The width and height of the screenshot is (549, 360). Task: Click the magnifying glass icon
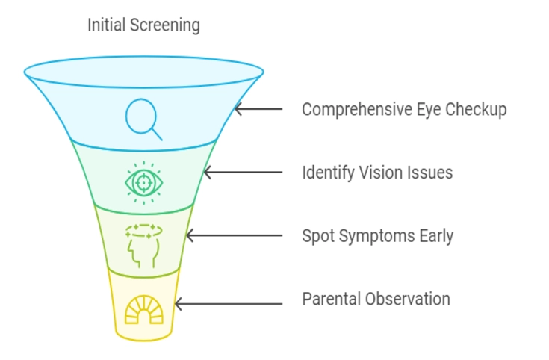point(144,119)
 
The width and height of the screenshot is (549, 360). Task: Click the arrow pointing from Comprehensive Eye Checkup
point(258,109)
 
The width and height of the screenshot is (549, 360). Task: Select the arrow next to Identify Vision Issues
point(243,173)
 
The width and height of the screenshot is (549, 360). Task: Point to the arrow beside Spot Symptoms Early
point(234,236)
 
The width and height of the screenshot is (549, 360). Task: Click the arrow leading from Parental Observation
point(229,304)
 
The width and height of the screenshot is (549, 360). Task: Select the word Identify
point(326,173)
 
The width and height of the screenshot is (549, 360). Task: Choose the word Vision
point(379,173)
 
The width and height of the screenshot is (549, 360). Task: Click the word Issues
point(430,173)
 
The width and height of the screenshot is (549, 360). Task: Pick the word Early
point(434,236)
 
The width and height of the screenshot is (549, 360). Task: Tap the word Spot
point(317,236)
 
